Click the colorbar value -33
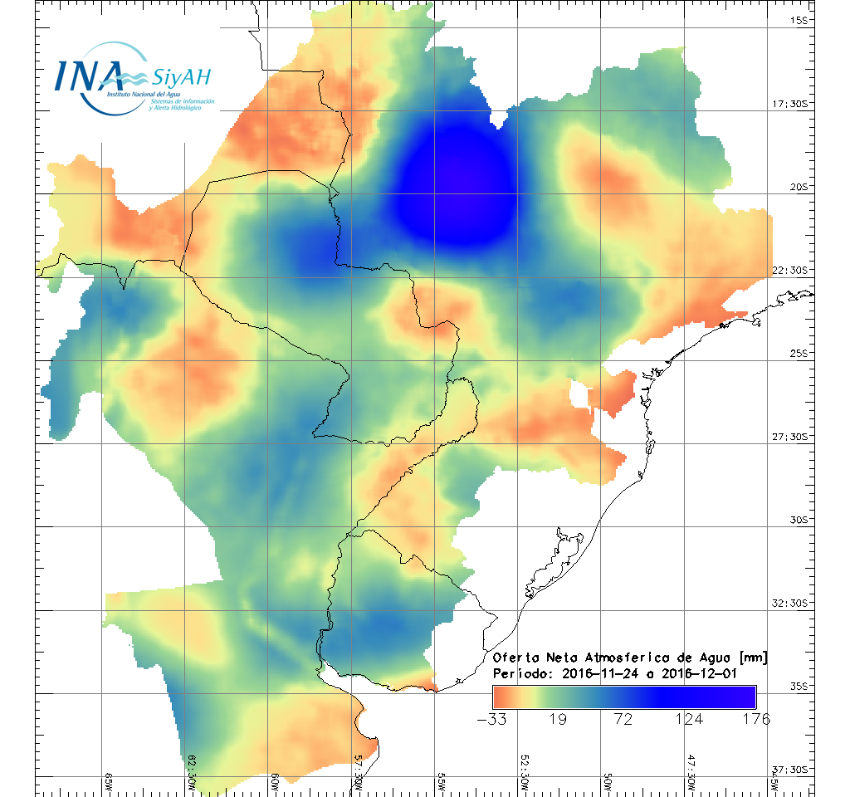[493, 719]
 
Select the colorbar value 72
[623, 719]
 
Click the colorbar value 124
[688, 719]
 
